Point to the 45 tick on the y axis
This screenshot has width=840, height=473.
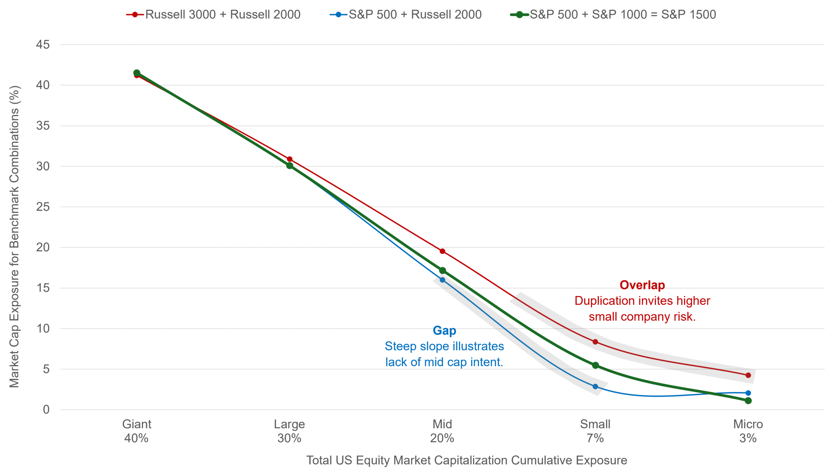43,45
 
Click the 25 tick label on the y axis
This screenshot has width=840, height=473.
43,207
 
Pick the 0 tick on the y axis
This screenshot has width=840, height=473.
46,410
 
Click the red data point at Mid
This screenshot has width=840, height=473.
442,251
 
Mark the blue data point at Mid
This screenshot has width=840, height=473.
442,280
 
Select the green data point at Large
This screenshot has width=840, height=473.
289,166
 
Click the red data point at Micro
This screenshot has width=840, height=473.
748,375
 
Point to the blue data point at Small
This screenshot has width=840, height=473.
595,387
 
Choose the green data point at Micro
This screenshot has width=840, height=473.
748,400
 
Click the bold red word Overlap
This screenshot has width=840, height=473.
642,285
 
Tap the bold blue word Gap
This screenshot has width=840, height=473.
444,330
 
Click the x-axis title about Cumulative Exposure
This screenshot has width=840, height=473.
467,460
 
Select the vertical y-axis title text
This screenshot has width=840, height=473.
14,236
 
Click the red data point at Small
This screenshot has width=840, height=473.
595,342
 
